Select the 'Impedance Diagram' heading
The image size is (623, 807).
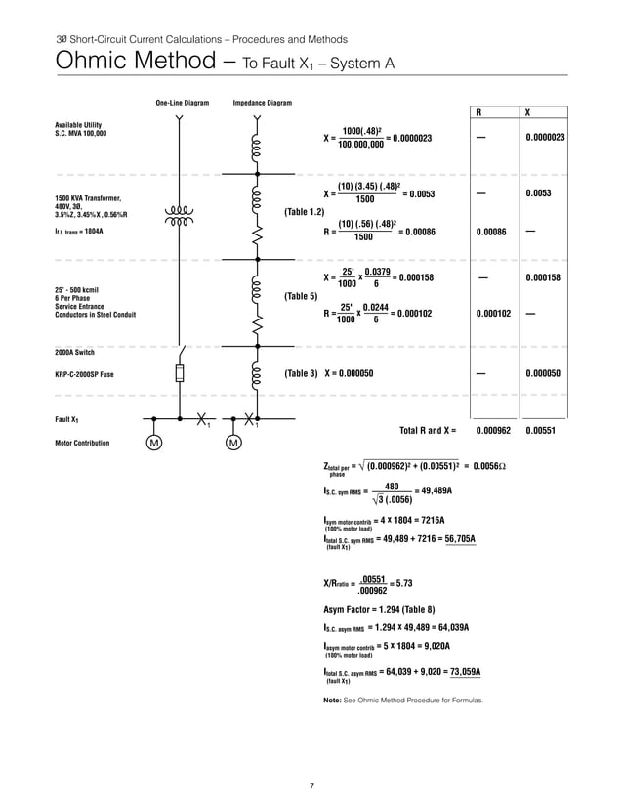[x=262, y=103]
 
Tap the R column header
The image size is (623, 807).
[x=478, y=112]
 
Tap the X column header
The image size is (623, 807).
[x=528, y=112]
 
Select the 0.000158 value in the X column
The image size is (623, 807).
[x=544, y=278]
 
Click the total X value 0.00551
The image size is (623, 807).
[x=540, y=429]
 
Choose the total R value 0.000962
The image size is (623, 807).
[x=494, y=429]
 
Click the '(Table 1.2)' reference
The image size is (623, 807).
[x=304, y=212]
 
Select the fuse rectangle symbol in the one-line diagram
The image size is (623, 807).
[x=180, y=373]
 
